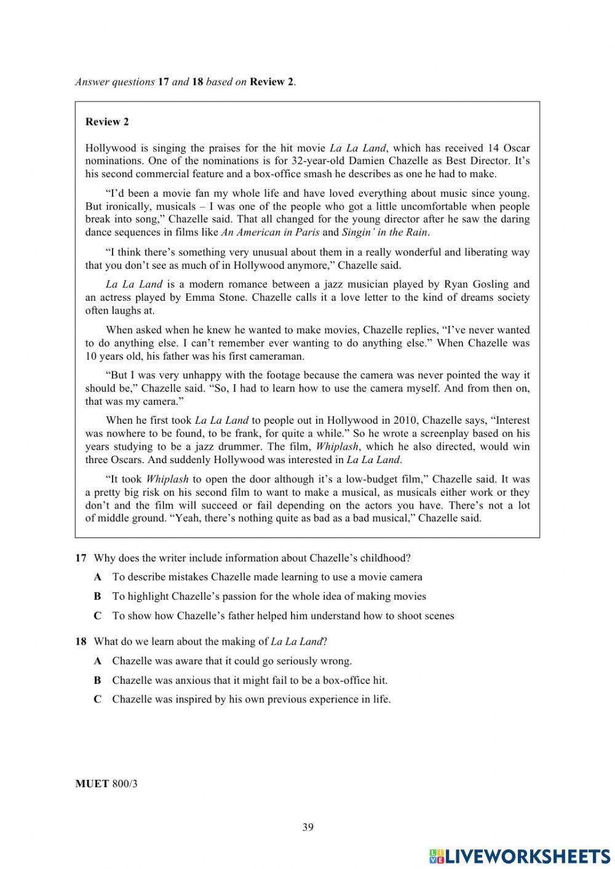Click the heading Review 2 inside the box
(x=107, y=122)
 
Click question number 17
(x=81, y=558)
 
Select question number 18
(x=81, y=642)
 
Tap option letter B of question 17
(x=97, y=597)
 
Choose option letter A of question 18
(x=97, y=662)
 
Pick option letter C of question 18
(x=97, y=700)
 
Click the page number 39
(x=307, y=827)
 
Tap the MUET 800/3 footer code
(x=106, y=784)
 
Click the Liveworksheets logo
(x=520, y=855)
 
